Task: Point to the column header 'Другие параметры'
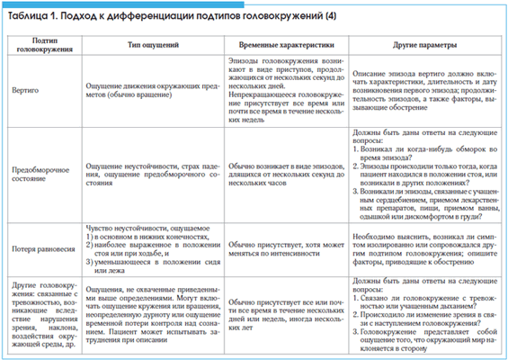[x=417, y=44]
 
